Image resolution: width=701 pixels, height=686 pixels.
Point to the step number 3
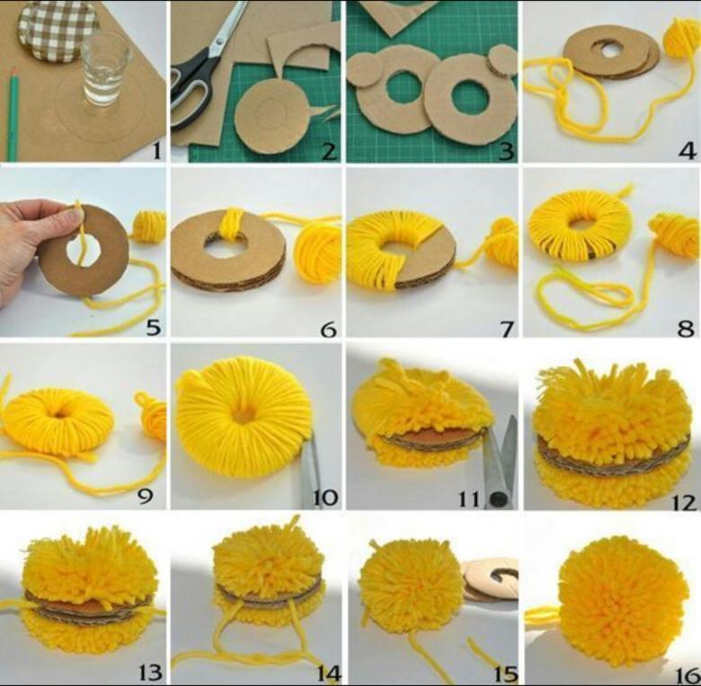click(506, 152)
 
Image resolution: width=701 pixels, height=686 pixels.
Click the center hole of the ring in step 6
click(226, 245)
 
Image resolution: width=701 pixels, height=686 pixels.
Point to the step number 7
click(507, 330)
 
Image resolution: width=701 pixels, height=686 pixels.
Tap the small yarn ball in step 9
click(151, 418)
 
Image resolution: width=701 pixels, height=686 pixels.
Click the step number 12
click(684, 504)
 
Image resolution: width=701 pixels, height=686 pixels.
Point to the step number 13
click(149, 673)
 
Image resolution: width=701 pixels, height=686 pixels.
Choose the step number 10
click(324, 497)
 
